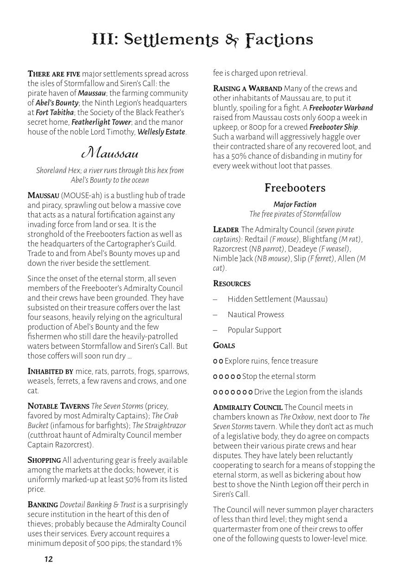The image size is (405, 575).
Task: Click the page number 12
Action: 49,559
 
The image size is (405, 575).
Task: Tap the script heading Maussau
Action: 109,152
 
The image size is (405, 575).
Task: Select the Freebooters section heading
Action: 295,188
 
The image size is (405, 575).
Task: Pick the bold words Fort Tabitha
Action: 55,112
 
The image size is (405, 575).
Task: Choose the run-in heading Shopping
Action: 44,460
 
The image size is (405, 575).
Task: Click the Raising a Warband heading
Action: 247,88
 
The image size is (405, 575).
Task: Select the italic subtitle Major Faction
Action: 295,204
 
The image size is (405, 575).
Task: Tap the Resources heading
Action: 232,283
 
